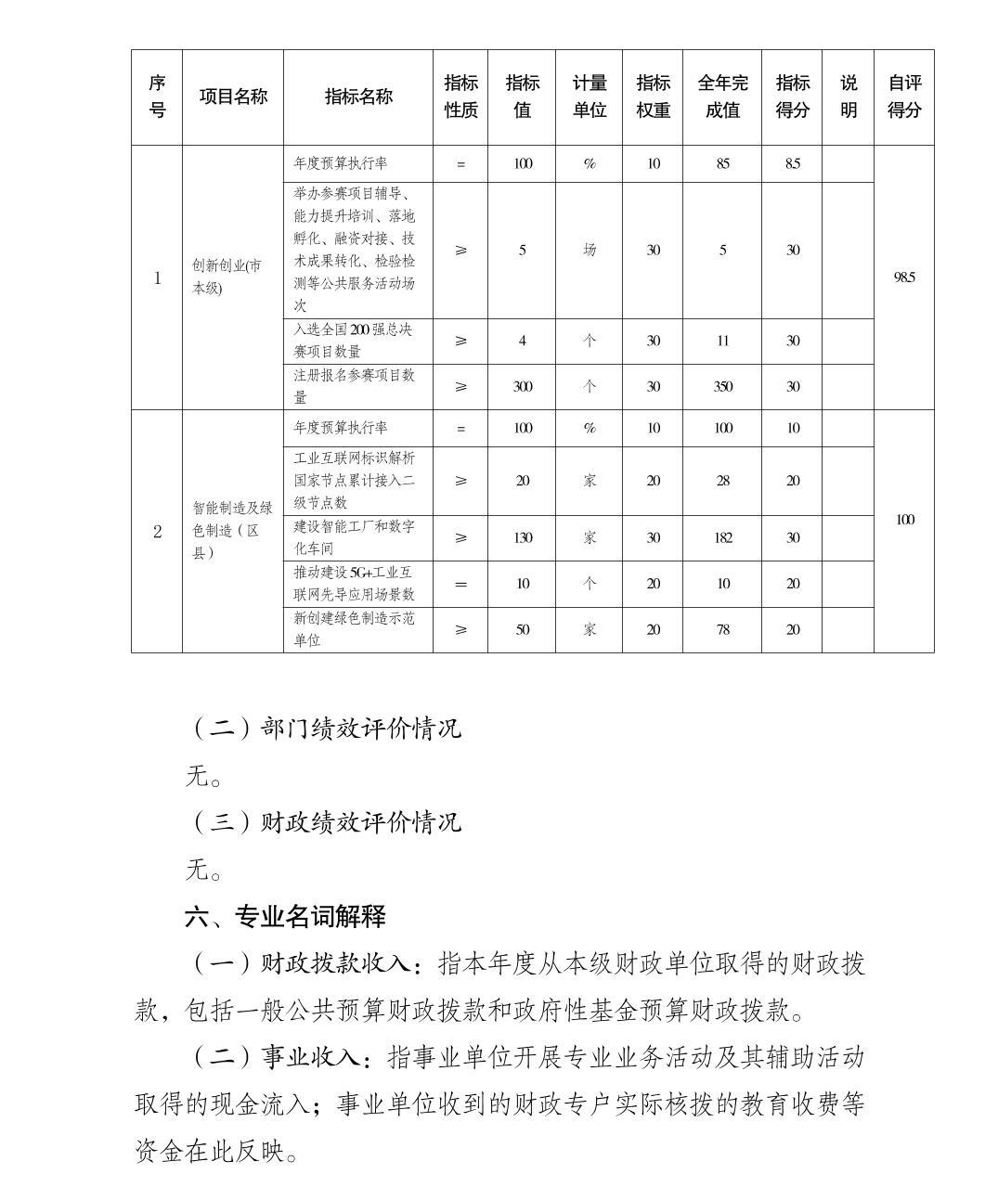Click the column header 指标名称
(x=358, y=97)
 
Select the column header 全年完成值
(x=722, y=97)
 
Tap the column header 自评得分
(x=904, y=97)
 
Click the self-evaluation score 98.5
(x=904, y=277)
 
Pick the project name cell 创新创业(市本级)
(x=227, y=277)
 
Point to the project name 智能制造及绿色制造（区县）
(x=232, y=530)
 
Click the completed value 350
(x=722, y=386)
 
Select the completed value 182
(x=722, y=537)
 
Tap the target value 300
(x=522, y=386)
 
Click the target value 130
(x=522, y=537)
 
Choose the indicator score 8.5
(x=792, y=163)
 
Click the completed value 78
(x=722, y=629)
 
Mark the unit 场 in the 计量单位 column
(x=590, y=250)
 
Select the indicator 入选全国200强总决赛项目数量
(x=354, y=341)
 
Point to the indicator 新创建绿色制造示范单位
(x=354, y=629)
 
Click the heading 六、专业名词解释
(x=285, y=917)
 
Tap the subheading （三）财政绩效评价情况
(x=325, y=822)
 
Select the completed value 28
(x=722, y=481)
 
